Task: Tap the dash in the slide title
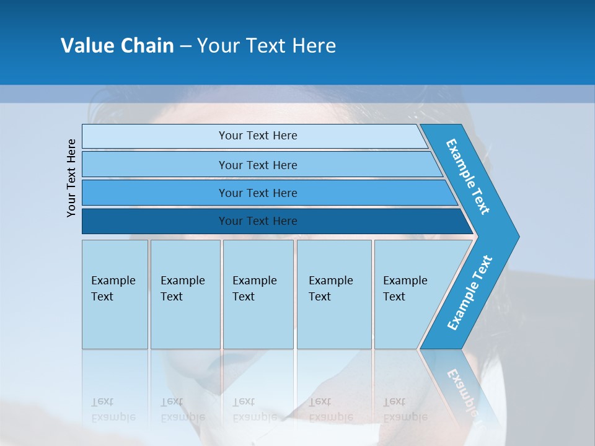185,46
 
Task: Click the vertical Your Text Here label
71,178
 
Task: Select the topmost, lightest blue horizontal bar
257,136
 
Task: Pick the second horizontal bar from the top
257,165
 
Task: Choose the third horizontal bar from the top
257,193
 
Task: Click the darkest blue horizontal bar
257,221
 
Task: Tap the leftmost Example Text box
115,294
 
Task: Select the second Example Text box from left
185,294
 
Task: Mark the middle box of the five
258,294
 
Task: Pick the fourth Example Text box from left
333,294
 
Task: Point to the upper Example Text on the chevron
468,177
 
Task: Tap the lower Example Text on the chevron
469,293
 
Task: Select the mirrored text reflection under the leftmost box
113,409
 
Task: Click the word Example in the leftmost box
113,281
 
